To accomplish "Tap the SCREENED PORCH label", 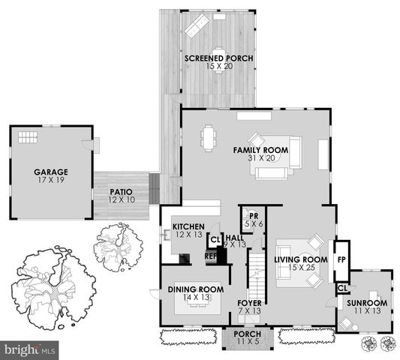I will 218,58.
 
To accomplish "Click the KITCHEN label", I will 188,226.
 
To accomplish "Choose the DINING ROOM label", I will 196,289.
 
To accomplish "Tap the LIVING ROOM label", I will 301,259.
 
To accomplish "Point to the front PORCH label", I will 248,334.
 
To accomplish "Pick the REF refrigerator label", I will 212,256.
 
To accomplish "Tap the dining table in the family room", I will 208,138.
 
